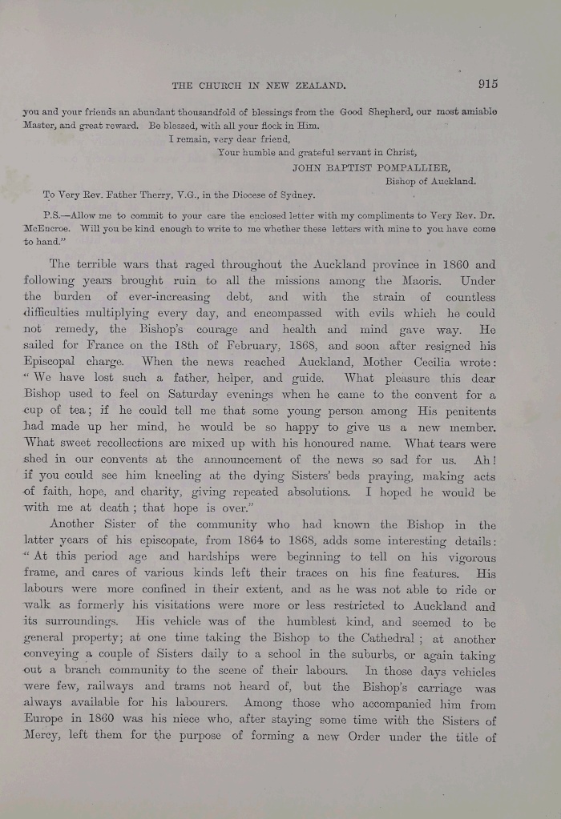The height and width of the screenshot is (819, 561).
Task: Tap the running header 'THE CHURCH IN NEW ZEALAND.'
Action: [260, 85]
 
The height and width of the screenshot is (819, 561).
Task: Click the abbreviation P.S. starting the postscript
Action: [55, 214]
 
